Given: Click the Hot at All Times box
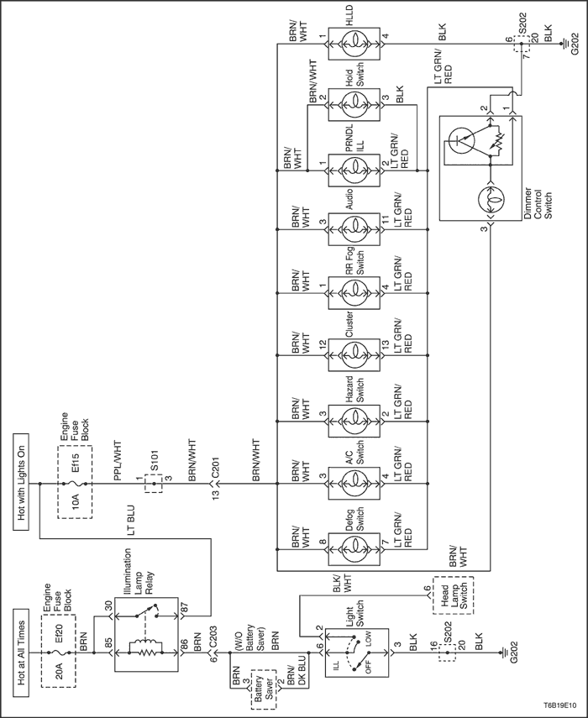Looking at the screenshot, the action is [21, 653].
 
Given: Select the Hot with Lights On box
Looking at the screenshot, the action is [21, 484].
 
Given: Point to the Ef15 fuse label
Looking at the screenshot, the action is [76, 464].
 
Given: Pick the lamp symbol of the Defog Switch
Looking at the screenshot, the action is [354, 548].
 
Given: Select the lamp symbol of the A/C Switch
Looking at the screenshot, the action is [354, 484].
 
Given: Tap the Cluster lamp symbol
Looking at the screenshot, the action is [354, 355].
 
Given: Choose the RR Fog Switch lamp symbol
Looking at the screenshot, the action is [354, 292].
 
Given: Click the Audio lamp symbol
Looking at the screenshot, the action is [354, 228].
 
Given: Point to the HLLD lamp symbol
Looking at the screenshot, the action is [354, 45].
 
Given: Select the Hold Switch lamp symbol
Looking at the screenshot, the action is [354, 105].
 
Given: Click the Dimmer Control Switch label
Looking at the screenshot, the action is [538, 202].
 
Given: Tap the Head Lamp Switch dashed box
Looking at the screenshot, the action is [453, 595].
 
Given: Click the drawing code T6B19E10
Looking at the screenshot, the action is [559, 706].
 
